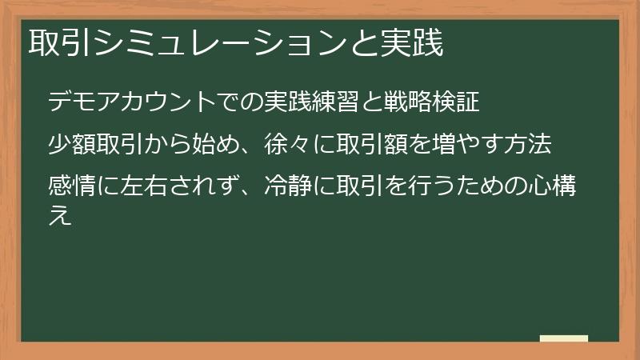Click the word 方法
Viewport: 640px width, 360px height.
click(529, 145)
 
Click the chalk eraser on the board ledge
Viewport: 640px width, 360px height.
click(563, 338)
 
